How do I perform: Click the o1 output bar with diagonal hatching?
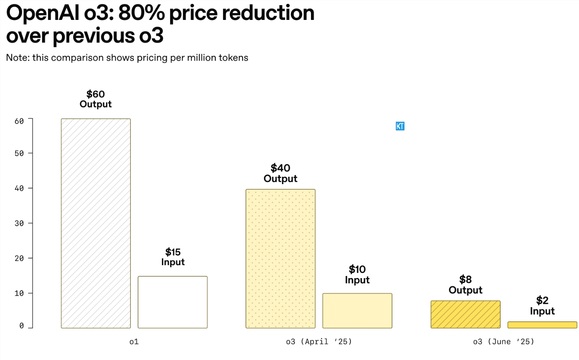(x=96, y=223)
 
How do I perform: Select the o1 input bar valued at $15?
(x=172, y=302)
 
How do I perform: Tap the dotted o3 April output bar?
(x=280, y=258)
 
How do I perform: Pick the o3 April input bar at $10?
(x=357, y=311)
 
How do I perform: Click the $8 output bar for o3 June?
(x=466, y=314)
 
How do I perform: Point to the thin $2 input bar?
(x=542, y=325)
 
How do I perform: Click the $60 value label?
(x=96, y=94)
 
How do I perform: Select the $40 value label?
(x=280, y=168)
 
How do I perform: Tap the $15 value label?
(x=173, y=252)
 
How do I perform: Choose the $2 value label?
(x=542, y=300)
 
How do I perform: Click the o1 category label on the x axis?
(x=134, y=342)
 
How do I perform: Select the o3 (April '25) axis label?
(x=319, y=342)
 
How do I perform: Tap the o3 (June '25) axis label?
(x=504, y=342)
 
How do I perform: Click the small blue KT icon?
(x=400, y=126)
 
